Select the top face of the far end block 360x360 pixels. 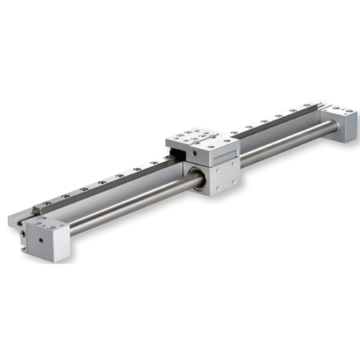(x=338, y=110)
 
